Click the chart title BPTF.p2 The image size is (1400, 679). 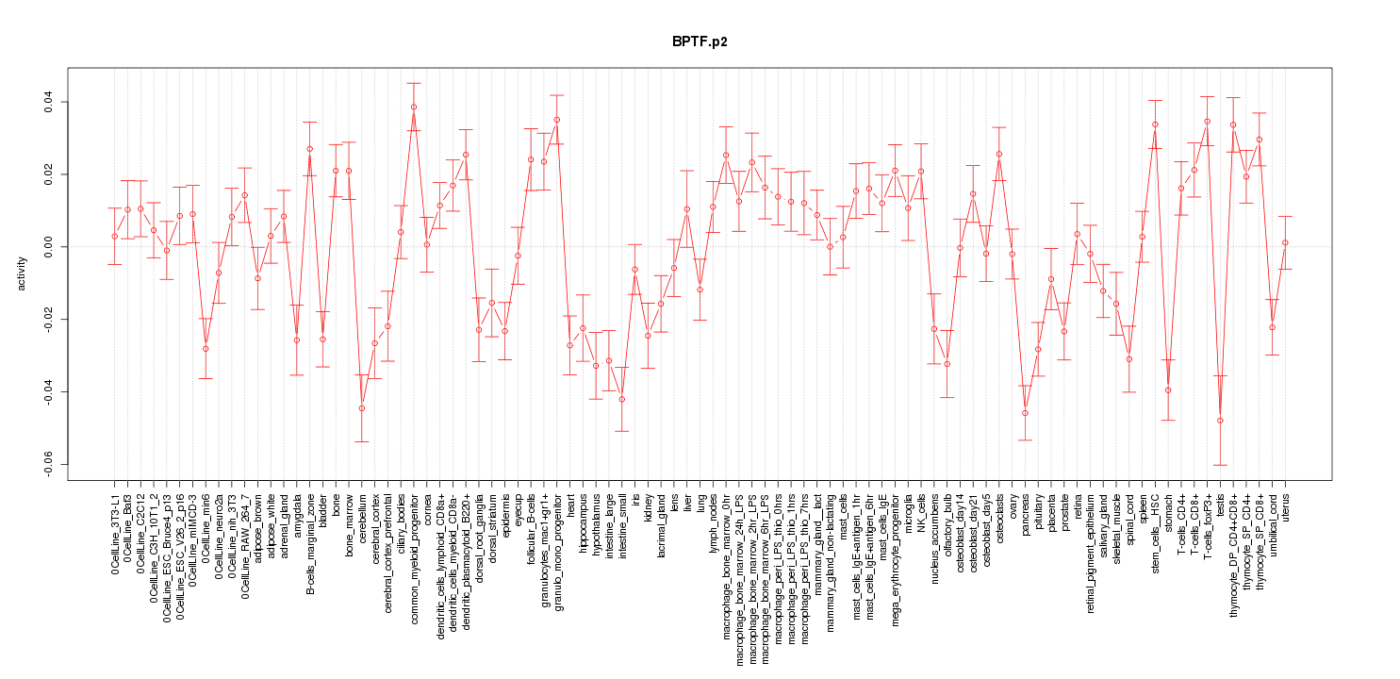700,42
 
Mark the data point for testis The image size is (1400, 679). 1220,421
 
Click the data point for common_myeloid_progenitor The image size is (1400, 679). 414,107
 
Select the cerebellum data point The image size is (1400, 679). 361,408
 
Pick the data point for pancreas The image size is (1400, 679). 1025,413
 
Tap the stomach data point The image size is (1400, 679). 1168,390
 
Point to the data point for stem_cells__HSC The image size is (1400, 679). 1155,124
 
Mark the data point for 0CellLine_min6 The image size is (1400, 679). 206,349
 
